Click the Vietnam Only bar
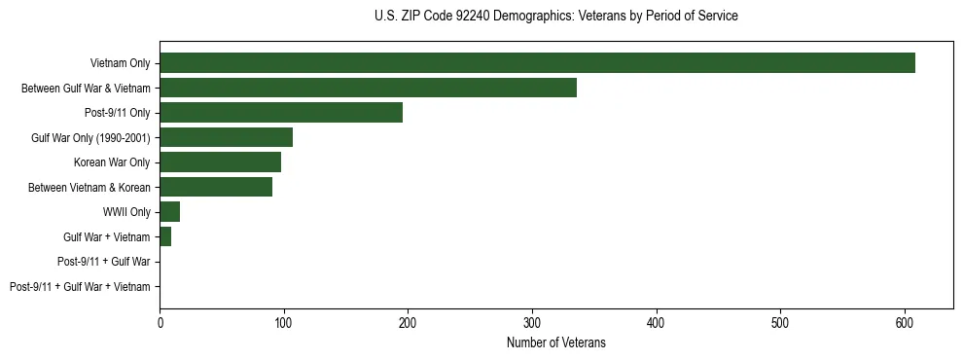pyautogui.click(x=537, y=63)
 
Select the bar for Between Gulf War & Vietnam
pyautogui.click(x=368, y=88)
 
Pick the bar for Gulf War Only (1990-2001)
pyautogui.click(x=226, y=137)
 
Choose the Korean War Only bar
pyautogui.click(x=220, y=162)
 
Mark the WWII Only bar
pyautogui.click(x=169, y=212)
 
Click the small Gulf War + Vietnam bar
pyautogui.click(x=165, y=236)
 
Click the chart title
pyautogui.click(x=555, y=17)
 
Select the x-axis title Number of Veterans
pyautogui.click(x=555, y=342)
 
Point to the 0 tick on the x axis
pyautogui.click(x=160, y=324)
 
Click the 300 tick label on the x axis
pyautogui.click(x=532, y=324)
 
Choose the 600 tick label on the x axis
pyautogui.click(x=905, y=324)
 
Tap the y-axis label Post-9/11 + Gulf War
pyautogui.click(x=104, y=262)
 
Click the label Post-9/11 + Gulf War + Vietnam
pyautogui.click(x=80, y=286)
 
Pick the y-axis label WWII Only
pyautogui.click(x=127, y=212)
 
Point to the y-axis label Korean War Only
pyautogui.click(x=112, y=162)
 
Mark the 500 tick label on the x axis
pyautogui.click(x=780, y=324)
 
